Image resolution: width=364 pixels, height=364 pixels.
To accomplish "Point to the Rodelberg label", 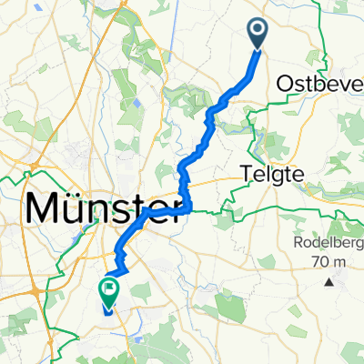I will [x=327, y=243].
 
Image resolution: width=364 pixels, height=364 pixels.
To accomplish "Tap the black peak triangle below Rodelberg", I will [x=329, y=283].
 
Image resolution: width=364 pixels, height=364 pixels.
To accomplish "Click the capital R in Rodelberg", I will [x=297, y=243].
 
